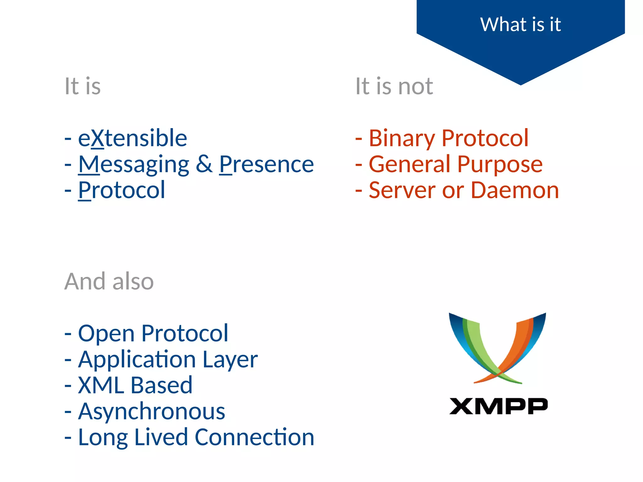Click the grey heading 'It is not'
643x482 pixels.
(394, 86)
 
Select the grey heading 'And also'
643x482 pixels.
(109, 281)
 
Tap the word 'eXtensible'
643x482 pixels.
(132, 138)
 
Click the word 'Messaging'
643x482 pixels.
(134, 165)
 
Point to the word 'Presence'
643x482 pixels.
(266, 164)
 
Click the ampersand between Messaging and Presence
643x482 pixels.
(204, 164)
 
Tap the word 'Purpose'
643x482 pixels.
(500, 164)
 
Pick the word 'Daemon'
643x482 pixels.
(515, 190)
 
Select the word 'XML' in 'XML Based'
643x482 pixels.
(101, 385)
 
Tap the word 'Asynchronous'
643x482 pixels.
(152, 411)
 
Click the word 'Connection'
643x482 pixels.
(254, 437)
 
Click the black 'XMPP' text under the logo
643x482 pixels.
(498, 406)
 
